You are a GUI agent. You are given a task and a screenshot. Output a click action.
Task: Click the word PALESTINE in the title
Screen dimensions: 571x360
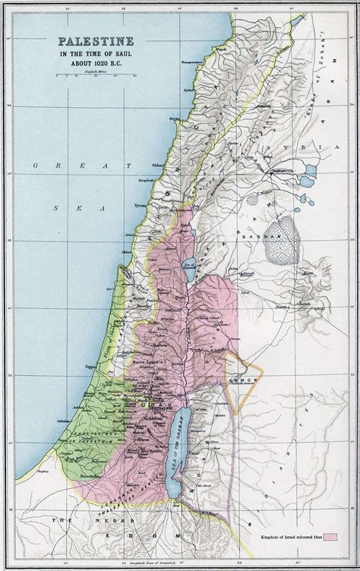click(x=90, y=44)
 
